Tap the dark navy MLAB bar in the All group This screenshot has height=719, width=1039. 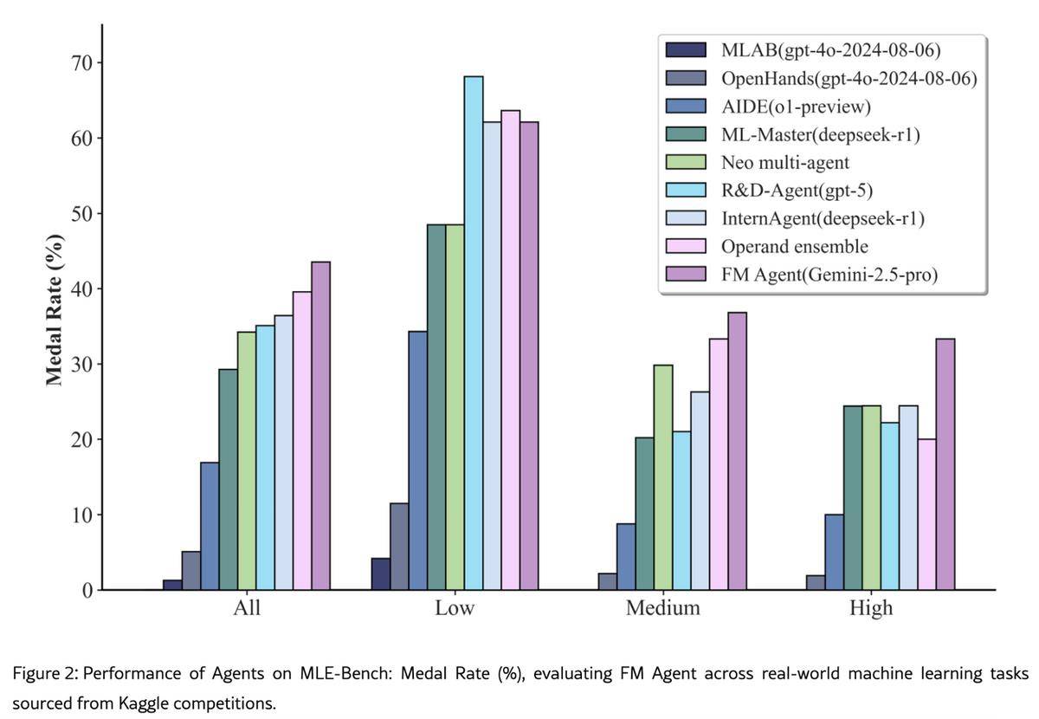(x=172, y=585)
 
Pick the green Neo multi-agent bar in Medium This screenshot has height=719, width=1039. (x=663, y=477)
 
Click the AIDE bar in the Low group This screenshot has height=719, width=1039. (x=418, y=460)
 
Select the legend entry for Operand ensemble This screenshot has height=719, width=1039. (x=794, y=246)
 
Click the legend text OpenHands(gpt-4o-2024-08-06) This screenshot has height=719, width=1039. (x=848, y=78)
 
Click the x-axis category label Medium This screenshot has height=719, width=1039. (x=662, y=608)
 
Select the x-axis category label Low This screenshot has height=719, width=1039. (x=455, y=608)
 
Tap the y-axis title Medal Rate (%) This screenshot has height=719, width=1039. (x=55, y=309)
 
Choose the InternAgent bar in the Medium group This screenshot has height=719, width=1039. (x=700, y=490)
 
